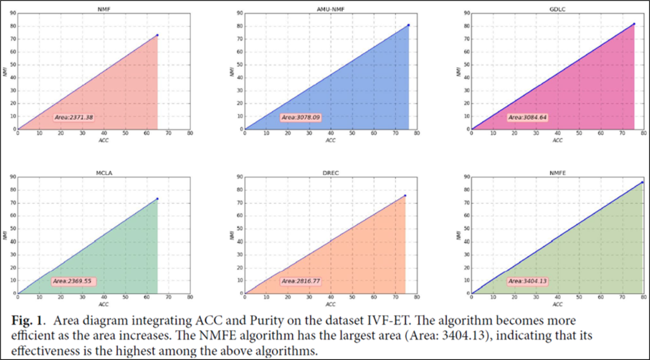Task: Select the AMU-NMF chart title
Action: (x=330, y=8)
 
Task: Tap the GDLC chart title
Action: (x=557, y=8)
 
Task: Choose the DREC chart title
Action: (x=330, y=173)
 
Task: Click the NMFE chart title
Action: (x=557, y=173)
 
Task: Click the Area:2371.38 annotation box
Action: (x=74, y=117)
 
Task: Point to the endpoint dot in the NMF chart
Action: (x=157, y=35)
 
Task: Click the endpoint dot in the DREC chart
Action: (x=405, y=196)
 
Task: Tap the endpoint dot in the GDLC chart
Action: (x=634, y=24)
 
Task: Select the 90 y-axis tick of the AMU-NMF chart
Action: (x=240, y=13)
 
